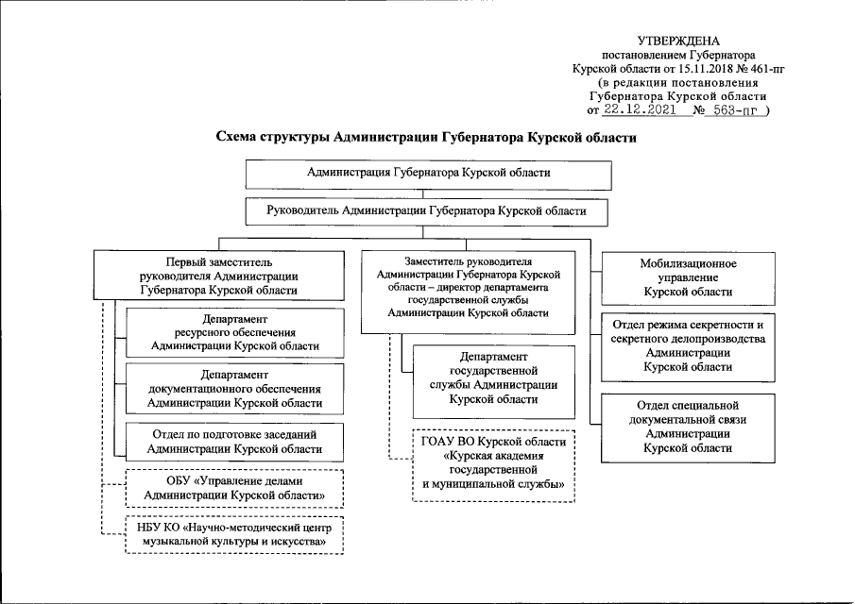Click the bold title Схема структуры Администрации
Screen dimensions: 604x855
pos(427,137)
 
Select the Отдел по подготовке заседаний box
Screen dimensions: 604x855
pos(234,442)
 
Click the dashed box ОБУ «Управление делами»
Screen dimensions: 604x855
pos(234,487)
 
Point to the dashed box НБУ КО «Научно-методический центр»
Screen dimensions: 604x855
pos(234,535)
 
